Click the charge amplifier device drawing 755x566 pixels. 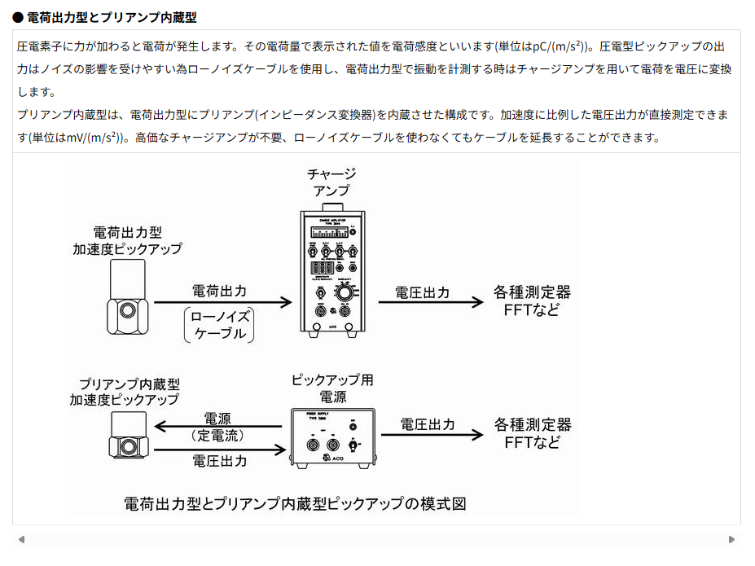tap(332, 273)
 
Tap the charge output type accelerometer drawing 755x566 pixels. tap(128, 298)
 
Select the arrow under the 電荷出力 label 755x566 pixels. tap(222, 302)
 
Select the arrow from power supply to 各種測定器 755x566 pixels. tap(431, 434)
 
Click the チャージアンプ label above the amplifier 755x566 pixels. tap(331, 182)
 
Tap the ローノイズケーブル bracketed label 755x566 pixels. tap(219, 325)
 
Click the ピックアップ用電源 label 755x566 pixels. tap(332, 388)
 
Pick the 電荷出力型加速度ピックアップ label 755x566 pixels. tap(127, 240)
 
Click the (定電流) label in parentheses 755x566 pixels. tap(217, 436)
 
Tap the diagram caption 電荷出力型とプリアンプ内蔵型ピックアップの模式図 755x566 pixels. tap(295, 502)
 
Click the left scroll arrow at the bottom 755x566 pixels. tap(21, 539)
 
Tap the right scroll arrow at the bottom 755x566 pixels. tap(731, 539)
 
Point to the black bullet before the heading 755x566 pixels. tap(18, 16)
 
